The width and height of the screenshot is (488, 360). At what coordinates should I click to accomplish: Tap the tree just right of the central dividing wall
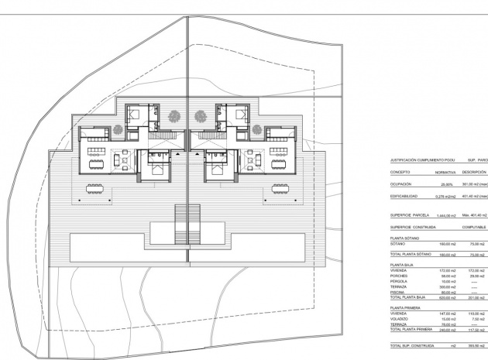[201, 117]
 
